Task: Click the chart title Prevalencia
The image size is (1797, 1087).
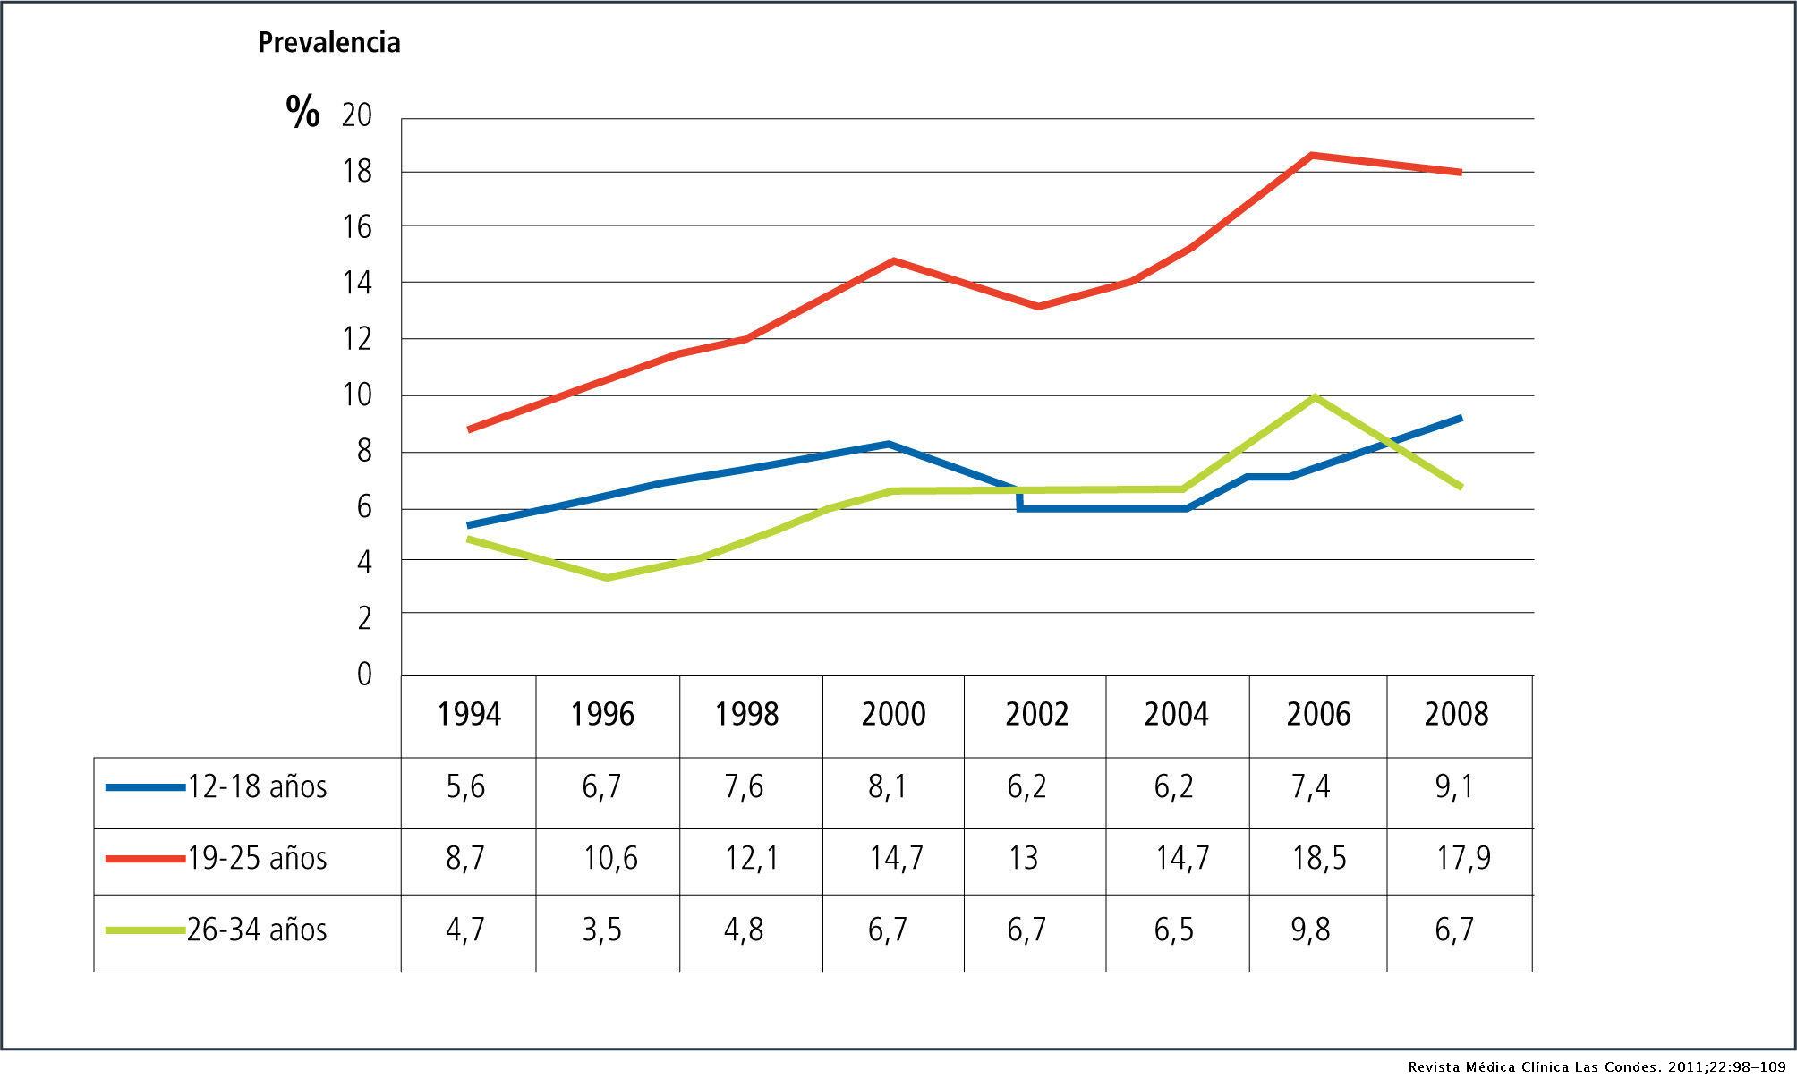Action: click(328, 43)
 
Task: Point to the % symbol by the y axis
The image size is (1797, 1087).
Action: click(302, 113)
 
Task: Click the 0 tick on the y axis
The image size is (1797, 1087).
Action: click(364, 674)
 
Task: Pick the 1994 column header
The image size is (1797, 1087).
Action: click(469, 714)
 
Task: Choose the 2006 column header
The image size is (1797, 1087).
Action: click(1318, 714)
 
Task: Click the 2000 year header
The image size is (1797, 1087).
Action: click(893, 714)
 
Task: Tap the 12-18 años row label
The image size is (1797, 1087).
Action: click(257, 787)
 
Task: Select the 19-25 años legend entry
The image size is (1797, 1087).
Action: click(257, 859)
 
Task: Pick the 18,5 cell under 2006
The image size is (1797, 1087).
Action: click(1319, 858)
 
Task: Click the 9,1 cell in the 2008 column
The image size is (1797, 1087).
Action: click(1454, 787)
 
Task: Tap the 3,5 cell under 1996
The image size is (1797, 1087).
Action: click(602, 930)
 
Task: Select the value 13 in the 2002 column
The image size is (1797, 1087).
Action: click(1024, 858)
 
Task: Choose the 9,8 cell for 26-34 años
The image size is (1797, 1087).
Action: click(1311, 930)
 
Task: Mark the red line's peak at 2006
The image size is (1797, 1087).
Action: click(1311, 156)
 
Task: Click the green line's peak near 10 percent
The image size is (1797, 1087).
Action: click(1314, 396)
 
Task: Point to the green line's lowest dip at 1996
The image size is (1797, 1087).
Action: click(608, 578)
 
